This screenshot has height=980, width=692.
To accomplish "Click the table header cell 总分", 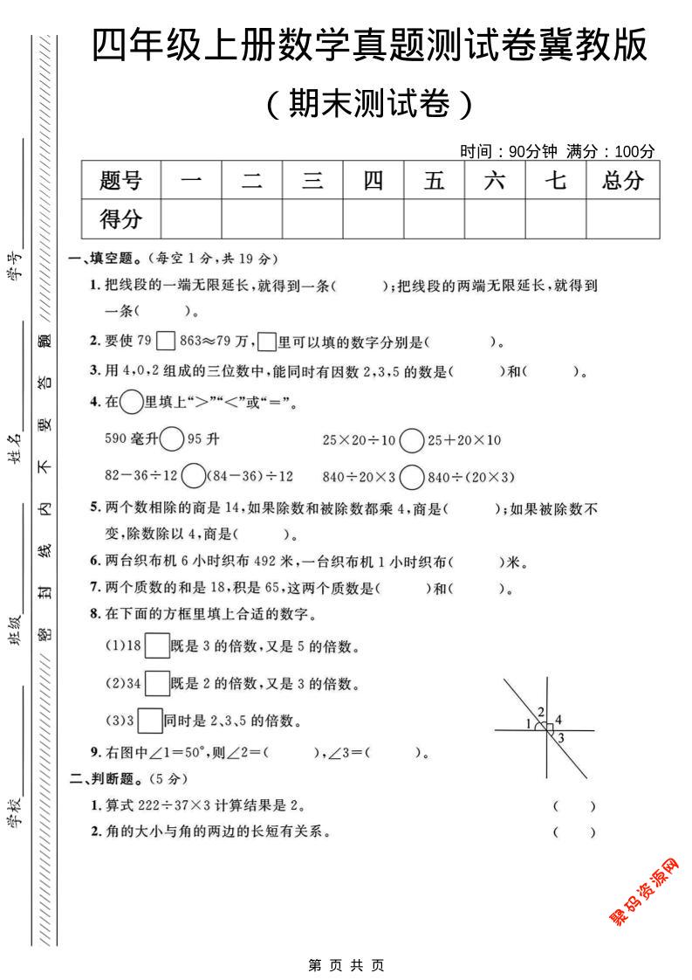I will point(622,181).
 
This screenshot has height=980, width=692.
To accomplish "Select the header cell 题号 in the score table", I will point(120,181).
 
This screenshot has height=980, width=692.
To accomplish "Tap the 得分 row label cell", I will point(120,218).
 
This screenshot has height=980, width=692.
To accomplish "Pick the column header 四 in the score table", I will point(373,181).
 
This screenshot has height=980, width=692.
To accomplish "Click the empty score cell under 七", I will point(555,218).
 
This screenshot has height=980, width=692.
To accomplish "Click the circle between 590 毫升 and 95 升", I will point(172,439).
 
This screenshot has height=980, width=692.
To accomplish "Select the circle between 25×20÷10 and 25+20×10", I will point(411,439).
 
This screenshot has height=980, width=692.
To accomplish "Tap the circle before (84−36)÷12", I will point(194,476).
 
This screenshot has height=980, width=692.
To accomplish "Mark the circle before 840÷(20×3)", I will point(411,476).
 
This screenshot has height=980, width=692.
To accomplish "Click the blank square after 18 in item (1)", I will point(157,646).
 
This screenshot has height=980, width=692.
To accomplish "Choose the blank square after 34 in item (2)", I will point(157,682).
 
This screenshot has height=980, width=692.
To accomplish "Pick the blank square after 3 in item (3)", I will point(150,721).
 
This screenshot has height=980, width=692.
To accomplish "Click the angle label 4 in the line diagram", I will point(558,720).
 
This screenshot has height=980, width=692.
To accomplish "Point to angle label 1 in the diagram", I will point(529,724).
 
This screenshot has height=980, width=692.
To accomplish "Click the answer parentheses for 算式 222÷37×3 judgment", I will point(573,805).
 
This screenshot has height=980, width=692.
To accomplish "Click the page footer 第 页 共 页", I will point(346,965).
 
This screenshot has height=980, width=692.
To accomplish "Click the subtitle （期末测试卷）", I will point(370,104).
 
